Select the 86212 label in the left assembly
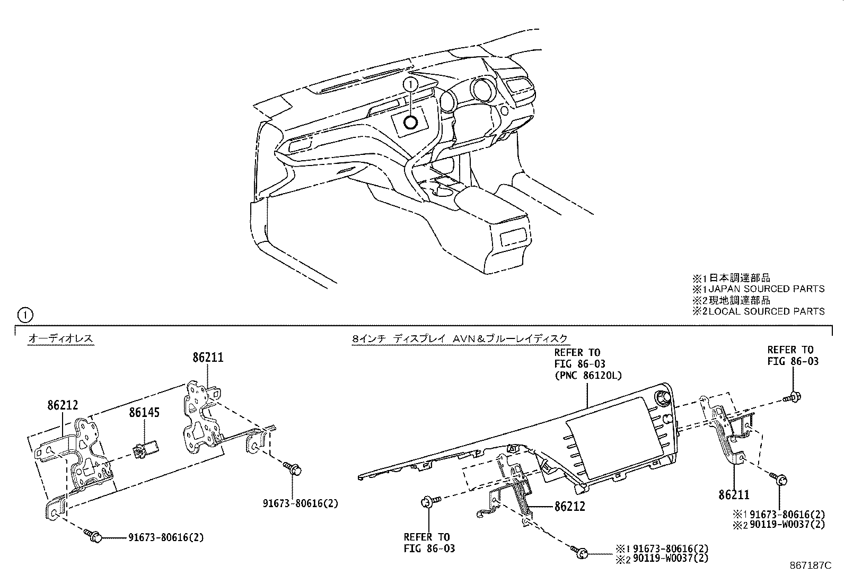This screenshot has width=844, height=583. tap(63, 406)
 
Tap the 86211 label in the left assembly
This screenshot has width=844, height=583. tap(208, 358)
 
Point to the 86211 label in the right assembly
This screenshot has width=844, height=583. tap(734, 495)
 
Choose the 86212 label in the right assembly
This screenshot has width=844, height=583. tap(570, 507)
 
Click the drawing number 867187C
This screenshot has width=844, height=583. tap(809, 566)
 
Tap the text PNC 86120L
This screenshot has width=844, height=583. tap(588, 375)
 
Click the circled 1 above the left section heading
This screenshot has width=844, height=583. tap(25, 316)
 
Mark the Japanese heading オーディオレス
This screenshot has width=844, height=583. tap(60, 338)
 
